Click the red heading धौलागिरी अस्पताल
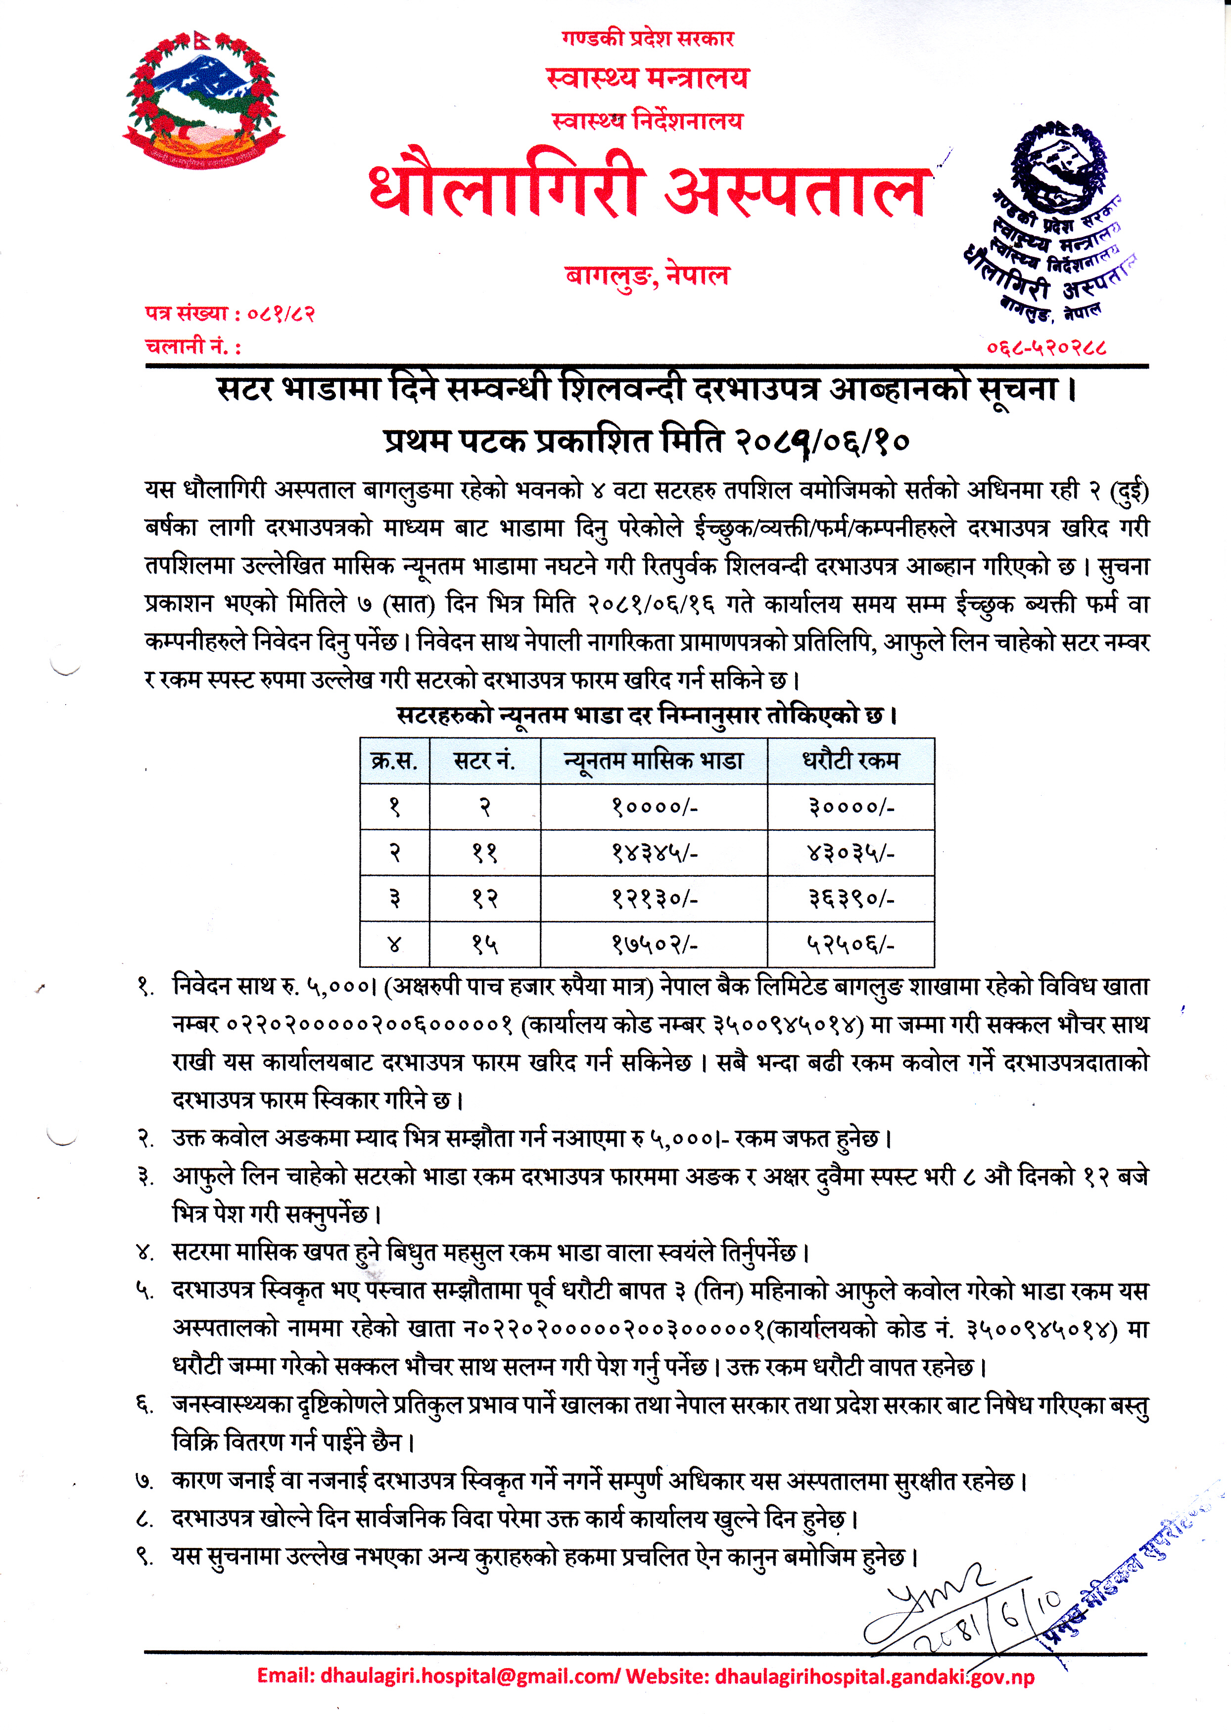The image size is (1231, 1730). pos(648,191)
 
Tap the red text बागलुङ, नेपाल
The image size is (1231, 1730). pos(647,275)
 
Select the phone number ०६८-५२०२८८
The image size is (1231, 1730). pos(1046,348)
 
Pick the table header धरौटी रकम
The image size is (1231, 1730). pos(851,761)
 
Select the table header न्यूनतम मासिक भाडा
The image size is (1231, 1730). pos(654,761)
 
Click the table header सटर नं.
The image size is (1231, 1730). pos(484,761)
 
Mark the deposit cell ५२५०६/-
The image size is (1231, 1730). pos(851,945)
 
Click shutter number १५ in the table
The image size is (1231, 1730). pos(484,945)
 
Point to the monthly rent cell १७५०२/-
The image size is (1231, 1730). pos(654,945)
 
